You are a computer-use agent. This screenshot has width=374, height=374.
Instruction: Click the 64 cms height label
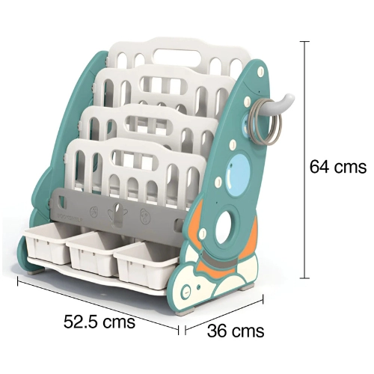point(338,167)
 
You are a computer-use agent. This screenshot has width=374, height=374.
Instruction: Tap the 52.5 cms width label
point(99,322)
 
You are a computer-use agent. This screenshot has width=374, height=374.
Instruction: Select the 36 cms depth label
point(236,331)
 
